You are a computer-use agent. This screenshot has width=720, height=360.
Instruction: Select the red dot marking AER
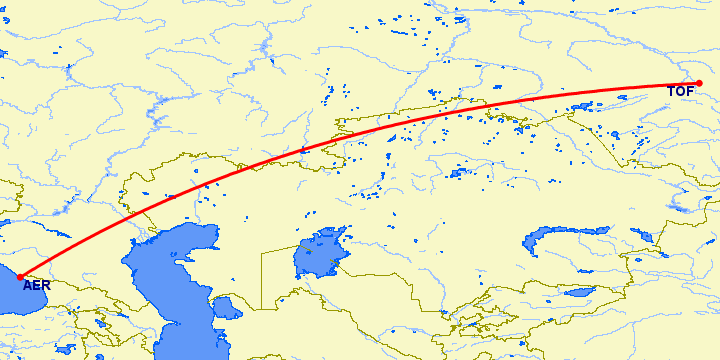(21, 277)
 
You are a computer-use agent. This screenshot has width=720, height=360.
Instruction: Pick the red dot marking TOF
(713, 83)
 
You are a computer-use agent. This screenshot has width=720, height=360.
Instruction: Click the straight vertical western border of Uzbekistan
(262, 280)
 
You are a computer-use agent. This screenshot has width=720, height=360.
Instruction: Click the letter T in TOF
(673, 93)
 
